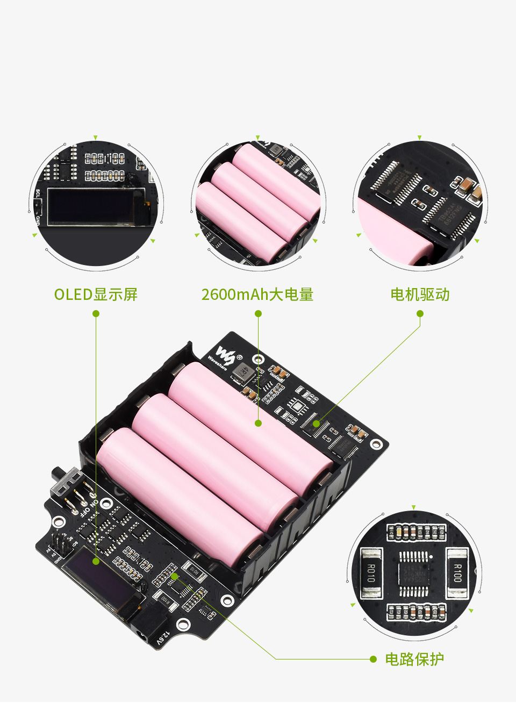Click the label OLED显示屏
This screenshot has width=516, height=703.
pyautogui.click(x=96, y=295)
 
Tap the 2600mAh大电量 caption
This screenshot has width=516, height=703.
pyautogui.click(x=257, y=295)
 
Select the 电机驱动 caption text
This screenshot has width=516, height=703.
pyautogui.click(x=420, y=295)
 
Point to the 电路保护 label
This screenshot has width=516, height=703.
pyautogui.click(x=414, y=659)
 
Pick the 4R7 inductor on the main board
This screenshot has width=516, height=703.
pyautogui.click(x=243, y=371)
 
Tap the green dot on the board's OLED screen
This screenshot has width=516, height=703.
pyautogui.click(x=96, y=561)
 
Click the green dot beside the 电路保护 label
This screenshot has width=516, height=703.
pyautogui.click(x=373, y=659)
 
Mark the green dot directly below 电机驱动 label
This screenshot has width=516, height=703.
pyautogui.click(x=420, y=313)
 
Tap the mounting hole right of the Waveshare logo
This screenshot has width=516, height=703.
pyautogui.click(x=259, y=360)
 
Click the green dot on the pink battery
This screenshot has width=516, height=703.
pyautogui.click(x=258, y=424)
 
